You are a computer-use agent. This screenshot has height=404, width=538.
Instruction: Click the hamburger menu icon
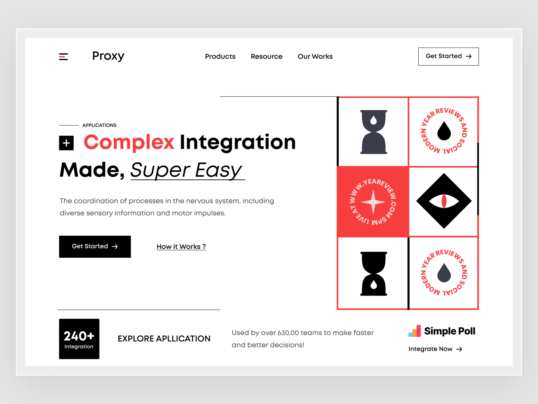(64, 57)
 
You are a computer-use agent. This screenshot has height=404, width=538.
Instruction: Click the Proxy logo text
(108, 56)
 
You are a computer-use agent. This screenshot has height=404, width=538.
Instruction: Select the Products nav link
(220, 57)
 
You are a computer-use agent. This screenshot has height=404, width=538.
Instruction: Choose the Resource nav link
(266, 57)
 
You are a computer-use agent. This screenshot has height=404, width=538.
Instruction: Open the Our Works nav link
(315, 57)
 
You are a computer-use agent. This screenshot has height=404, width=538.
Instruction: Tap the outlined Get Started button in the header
(448, 56)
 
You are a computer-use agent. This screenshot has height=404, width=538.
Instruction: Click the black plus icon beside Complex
(66, 143)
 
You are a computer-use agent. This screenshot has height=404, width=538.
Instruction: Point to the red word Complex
(129, 142)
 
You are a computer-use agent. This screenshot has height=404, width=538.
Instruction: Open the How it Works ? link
(181, 246)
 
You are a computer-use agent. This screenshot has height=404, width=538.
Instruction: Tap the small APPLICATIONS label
(99, 125)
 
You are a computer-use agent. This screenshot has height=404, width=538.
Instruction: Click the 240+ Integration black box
(79, 339)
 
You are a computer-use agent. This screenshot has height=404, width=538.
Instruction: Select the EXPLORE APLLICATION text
(164, 339)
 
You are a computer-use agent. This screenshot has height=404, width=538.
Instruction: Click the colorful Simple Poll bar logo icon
(415, 331)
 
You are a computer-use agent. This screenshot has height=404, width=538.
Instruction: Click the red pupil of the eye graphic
(444, 201)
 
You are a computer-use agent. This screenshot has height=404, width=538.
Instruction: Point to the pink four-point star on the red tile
(373, 202)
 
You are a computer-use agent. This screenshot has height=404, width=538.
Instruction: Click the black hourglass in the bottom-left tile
(374, 274)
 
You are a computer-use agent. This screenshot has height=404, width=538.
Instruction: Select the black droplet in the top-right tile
(444, 131)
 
